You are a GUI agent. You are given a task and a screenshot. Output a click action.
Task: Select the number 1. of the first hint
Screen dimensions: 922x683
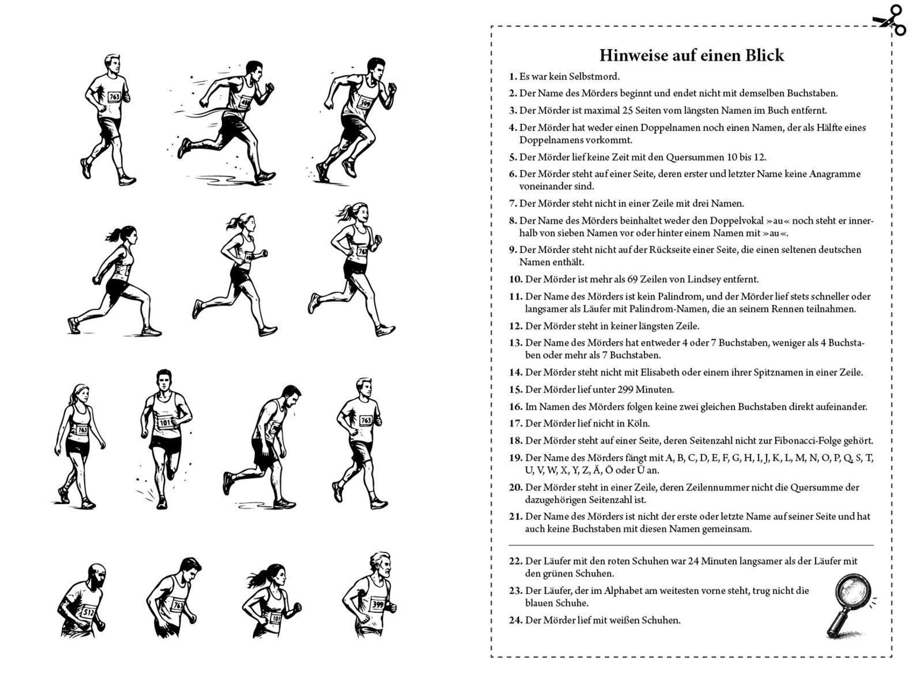tap(513, 76)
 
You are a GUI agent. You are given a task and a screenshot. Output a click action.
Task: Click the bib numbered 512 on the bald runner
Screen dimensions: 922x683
tap(88, 611)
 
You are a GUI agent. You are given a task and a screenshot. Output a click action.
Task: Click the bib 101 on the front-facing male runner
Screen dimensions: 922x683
tap(165, 423)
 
